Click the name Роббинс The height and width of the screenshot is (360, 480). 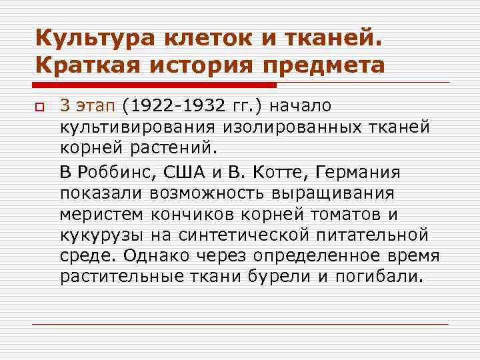(x=113, y=173)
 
